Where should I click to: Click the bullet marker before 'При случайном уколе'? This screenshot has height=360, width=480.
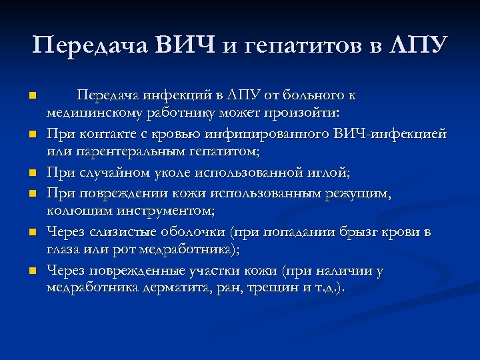tap(31, 174)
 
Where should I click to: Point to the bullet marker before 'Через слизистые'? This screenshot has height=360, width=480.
tap(31, 232)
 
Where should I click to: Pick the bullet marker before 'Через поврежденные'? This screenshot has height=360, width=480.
tap(31, 271)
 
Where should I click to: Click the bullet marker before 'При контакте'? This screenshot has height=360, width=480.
tap(31, 135)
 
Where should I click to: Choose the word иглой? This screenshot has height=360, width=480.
tap(328, 173)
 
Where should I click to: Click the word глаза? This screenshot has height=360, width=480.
tap(63, 249)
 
